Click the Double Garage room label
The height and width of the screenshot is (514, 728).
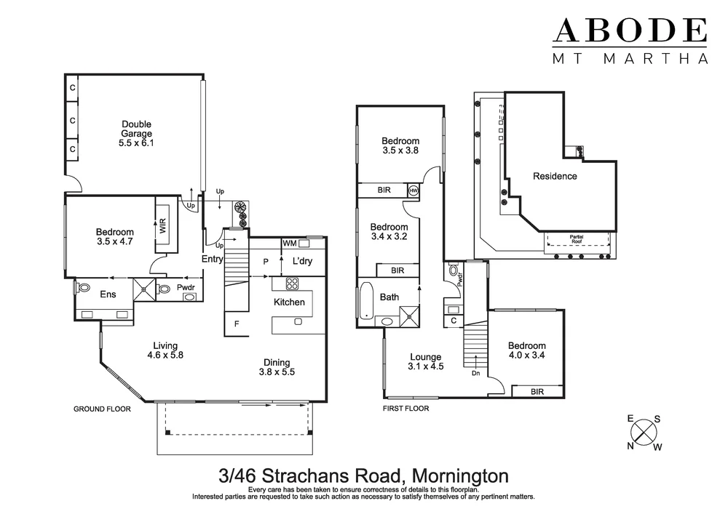pos(137,134)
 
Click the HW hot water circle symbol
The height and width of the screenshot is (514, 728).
pos(414,190)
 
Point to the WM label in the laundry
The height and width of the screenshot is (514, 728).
pos(289,243)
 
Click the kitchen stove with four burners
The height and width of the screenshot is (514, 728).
pos(293,284)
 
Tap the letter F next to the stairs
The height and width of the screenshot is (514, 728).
pos(236,324)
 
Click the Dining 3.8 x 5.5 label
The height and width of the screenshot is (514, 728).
pos(277,367)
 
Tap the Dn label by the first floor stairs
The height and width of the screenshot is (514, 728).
pos(475,374)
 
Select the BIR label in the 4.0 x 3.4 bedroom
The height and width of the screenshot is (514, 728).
pos(537,391)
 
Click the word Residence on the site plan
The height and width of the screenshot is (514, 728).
pos(555,176)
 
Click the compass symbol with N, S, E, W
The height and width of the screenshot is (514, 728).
pos(645,432)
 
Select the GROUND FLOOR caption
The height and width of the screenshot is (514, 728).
pos(102,409)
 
